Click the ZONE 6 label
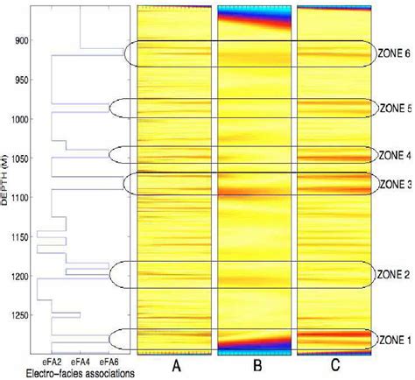[x=393, y=52]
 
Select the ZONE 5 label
[x=393, y=109]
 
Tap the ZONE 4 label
[x=393, y=155]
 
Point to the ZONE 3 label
[x=393, y=184]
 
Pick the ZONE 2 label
[x=393, y=274]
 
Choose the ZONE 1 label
[x=393, y=339]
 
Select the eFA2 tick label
[x=51, y=361]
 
